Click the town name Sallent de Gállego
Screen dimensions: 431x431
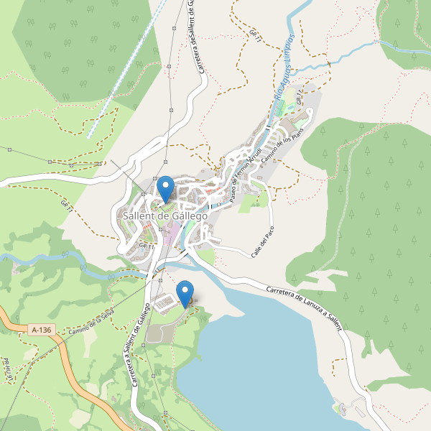coord(165,215)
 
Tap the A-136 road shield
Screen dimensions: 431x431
coord(42,330)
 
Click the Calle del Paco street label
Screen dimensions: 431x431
coord(264,241)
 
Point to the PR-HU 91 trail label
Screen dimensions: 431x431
coord(9,370)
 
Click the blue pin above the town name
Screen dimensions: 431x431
coord(165,187)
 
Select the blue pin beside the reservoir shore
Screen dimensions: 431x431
coord(185,292)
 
